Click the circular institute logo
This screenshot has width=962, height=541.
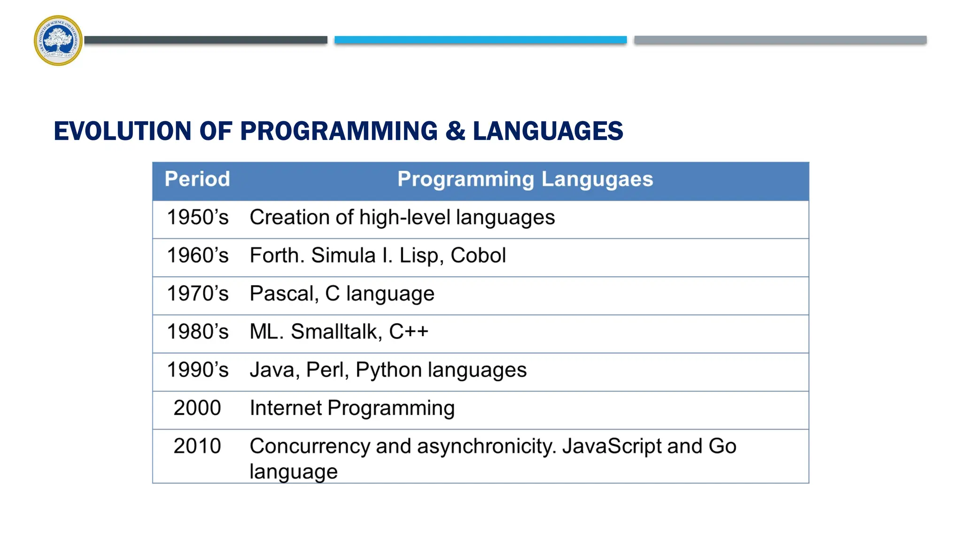point(58,40)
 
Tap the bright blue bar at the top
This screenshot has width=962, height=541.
point(480,40)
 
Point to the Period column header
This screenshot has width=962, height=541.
point(197,179)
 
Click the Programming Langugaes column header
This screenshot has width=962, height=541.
point(525,179)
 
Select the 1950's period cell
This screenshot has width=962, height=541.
point(198,217)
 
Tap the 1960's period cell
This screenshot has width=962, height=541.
point(198,255)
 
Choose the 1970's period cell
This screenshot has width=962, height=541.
point(198,294)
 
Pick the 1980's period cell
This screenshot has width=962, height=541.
point(198,332)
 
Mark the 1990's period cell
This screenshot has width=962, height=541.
point(198,370)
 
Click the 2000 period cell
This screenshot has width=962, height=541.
point(197,408)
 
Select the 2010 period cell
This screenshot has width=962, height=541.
point(197,446)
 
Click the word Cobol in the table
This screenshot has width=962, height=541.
point(478,255)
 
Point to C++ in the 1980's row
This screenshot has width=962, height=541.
point(409,332)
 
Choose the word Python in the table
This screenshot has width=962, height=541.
point(388,370)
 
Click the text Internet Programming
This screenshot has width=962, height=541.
point(352,408)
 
